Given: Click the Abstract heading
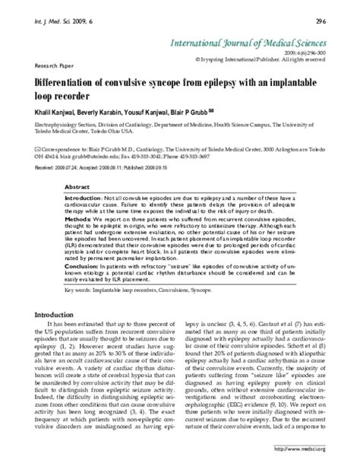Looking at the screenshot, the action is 77,185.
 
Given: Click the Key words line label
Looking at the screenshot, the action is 81,288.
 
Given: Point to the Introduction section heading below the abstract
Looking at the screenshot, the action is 62,314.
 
